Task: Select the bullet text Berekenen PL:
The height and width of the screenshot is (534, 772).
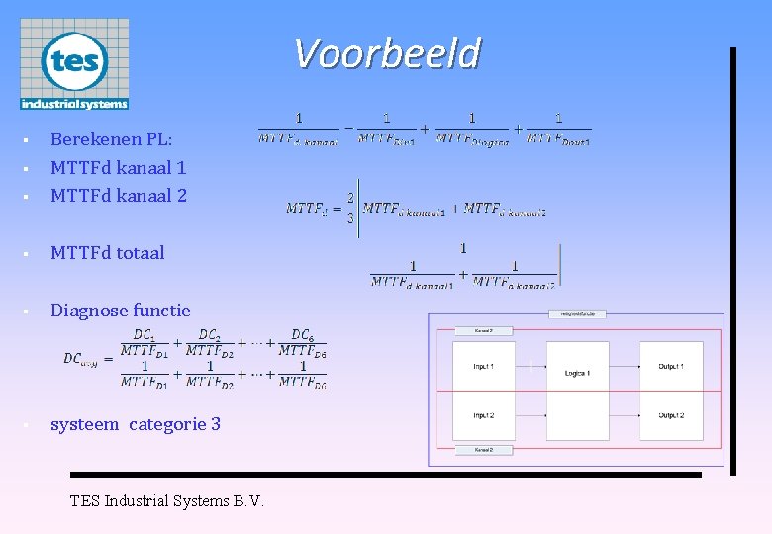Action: pyautogui.click(x=111, y=139)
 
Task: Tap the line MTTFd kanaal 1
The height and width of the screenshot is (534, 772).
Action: pyautogui.click(x=118, y=167)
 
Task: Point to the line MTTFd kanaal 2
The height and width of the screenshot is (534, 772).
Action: pyautogui.click(x=118, y=195)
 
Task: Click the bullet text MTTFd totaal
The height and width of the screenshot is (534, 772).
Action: pyautogui.click(x=107, y=252)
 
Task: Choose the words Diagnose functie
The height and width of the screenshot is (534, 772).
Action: pyautogui.click(x=120, y=310)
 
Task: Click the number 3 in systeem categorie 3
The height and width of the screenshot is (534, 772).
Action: pyautogui.click(x=215, y=424)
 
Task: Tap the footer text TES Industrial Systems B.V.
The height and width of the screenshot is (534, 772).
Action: pyautogui.click(x=166, y=500)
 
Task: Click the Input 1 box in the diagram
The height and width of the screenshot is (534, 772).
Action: pyautogui.click(x=484, y=366)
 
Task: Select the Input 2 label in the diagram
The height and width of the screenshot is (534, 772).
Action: pyautogui.click(x=484, y=415)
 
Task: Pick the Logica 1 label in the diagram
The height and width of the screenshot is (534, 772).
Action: pyautogui.click(x=577, y=374)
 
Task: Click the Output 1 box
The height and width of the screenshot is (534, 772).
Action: pyautogui.click(x=671, y=366)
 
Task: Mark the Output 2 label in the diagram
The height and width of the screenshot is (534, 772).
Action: pyautogui.click(x=671, y=415)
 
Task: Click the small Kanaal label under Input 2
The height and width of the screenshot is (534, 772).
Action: pyautogui.click(x=484, y=450)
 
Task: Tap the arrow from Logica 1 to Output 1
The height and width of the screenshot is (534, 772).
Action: pyautogui.click(x=625, y=366)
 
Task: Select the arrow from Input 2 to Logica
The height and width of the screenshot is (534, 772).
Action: pyautogui.click(x=531, y=415)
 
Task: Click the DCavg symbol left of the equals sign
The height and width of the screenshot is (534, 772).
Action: pyautogui.click(x=85, y=358)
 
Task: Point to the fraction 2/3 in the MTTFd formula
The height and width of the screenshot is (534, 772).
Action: pyautogui.click(x=349, y=208)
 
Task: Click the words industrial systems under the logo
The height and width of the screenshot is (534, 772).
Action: pyautogui.click(x=74, y=103)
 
